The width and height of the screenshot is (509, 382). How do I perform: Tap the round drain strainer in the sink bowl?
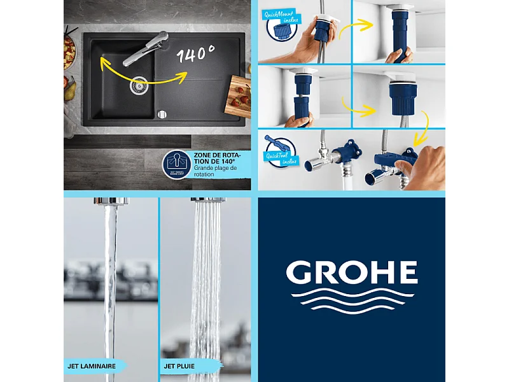(139, 85)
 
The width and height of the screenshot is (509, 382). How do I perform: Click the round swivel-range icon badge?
(177, 164)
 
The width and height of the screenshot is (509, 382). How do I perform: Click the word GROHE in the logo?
(351, 272)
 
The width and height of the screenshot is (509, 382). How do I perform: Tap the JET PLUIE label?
(180, 366)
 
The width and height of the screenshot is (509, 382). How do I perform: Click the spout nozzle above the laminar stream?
(111, 201)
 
